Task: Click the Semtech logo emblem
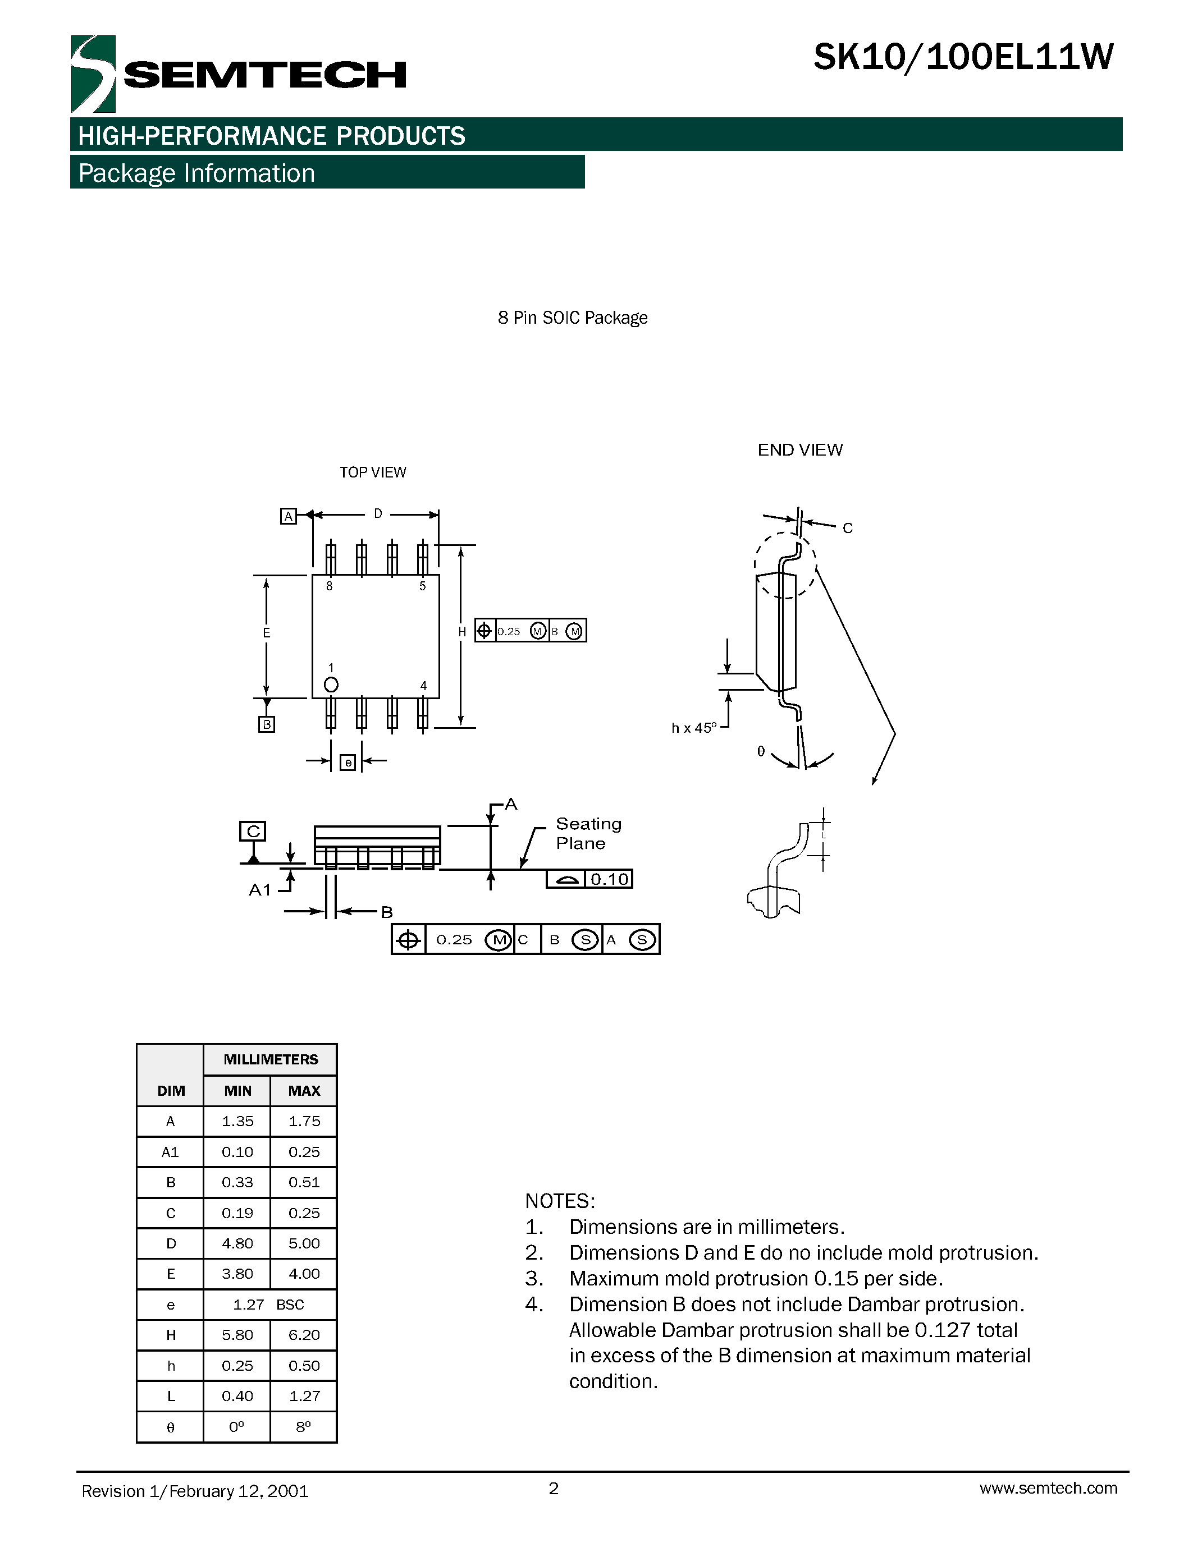tap(93, 74)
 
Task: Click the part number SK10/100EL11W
tap(963, 58)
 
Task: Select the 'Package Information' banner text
tap(196, 173)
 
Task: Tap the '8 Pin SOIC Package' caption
tap(573, 318)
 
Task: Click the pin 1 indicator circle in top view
tap(331, 685)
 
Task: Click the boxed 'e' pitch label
tap(348, 763)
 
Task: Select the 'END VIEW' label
tap(799, 450)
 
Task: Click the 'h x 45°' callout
tap(693, 728)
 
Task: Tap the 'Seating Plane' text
tap(588, 834)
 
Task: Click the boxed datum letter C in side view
tap(253, 832)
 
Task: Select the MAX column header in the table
tap(304, 1091)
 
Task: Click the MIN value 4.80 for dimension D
tap(237, 1243)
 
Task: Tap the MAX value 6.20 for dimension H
tap(304, 1335)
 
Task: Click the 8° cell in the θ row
tap(304, 1427)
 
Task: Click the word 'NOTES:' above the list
tap(560, 1201)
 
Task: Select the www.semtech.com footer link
tap(1048, 1488)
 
